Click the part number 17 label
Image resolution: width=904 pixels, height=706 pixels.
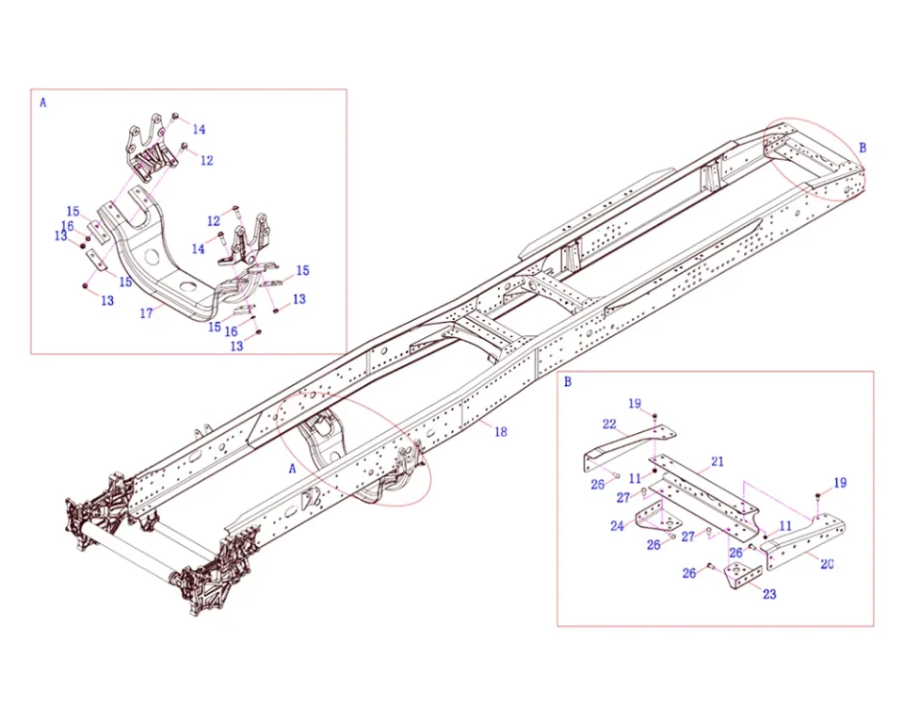(x=146, y=313)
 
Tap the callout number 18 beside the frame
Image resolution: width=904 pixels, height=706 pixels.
(x=500, y=432)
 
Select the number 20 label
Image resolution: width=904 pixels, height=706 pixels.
(x=827, y=565)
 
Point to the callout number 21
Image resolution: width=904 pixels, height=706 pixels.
(x=718, y=461)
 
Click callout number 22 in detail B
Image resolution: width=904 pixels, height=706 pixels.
(x=609, y=425)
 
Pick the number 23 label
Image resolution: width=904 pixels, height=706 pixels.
(x=769, y=594)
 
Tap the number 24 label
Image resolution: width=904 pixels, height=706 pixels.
(x=617, y=526)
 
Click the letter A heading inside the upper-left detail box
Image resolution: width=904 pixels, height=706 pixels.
(x=42, y=103)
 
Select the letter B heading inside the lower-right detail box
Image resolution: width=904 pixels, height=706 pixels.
(x=567, y=382)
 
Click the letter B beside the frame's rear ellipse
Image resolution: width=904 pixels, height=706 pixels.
(x=863, y=148)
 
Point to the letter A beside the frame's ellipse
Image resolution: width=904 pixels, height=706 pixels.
(x=292, y=468)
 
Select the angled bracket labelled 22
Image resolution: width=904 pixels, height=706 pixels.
(x=626, y=444)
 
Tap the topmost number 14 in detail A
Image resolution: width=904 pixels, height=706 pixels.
(x=199, y=129)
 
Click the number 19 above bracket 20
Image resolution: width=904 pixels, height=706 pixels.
(x=840, y=483)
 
